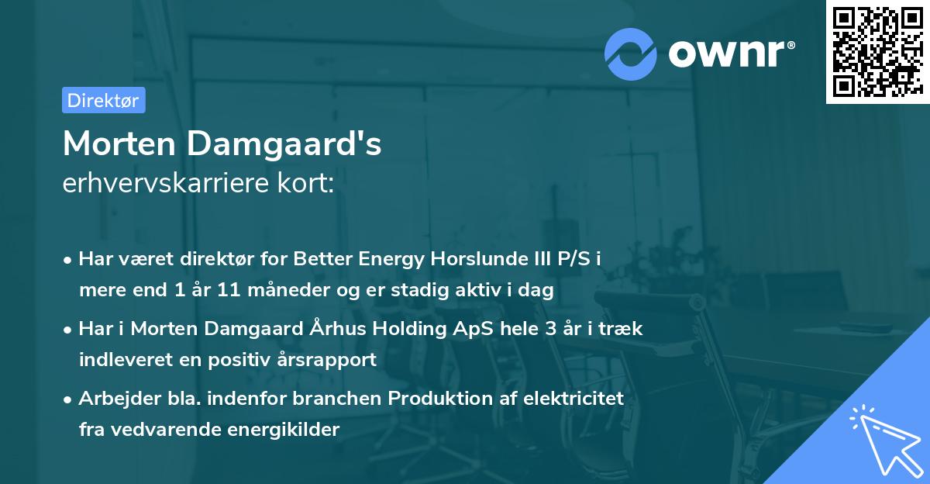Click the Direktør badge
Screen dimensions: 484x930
point(103,100)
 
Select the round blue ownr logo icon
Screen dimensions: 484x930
point(632,53)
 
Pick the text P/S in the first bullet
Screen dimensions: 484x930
point(578,259)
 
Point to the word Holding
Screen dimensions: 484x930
point(411,329)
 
